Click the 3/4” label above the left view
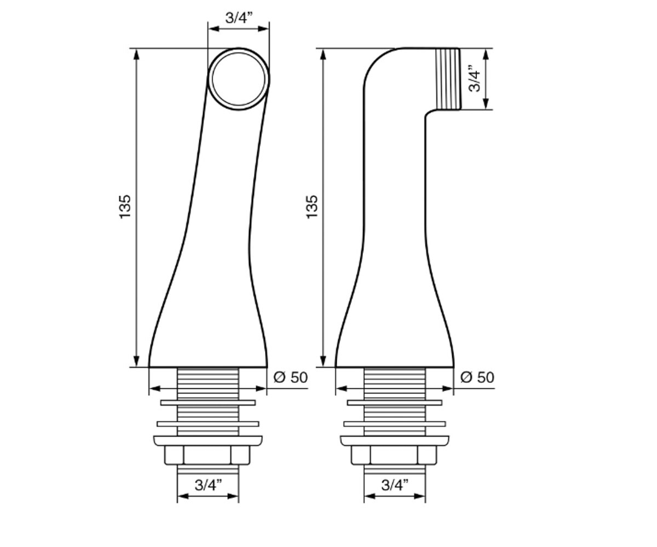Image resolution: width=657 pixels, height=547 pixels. [239, 18]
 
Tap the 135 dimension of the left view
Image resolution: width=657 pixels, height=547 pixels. [125, 207]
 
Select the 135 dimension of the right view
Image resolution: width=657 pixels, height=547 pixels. [312, 207]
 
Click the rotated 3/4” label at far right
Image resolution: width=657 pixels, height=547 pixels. [474, 79]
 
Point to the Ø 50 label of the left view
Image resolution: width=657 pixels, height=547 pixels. [290, 377]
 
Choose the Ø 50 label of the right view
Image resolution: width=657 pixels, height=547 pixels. [477, 377]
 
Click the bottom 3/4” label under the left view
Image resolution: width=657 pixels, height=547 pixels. [208, 485]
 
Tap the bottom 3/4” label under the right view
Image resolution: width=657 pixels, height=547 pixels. [395, 485]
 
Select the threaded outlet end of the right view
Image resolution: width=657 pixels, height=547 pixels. [447, 79]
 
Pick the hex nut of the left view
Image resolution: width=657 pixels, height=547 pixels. [208, 455]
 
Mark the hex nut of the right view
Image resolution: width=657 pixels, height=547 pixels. [394, 455]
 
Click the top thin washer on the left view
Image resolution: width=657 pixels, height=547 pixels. [208, 403]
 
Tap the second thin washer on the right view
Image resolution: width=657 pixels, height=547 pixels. [395, 424]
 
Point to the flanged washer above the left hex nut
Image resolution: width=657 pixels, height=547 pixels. [208, 441]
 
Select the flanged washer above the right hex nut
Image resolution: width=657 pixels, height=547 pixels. [395, 441]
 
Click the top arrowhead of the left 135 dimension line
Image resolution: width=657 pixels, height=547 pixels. [136, 54]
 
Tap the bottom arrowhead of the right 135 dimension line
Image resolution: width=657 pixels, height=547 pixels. [323, 361]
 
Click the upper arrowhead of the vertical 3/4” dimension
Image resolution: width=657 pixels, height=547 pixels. [486, 54]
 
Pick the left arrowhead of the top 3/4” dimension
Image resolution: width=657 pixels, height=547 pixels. [214, 29]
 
